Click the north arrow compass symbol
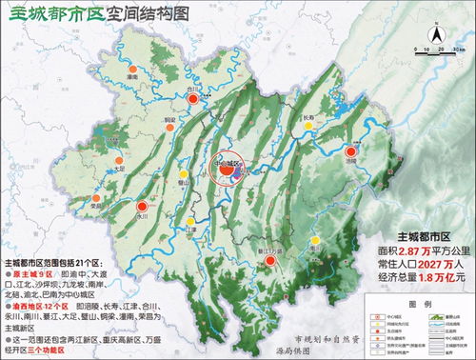pyautogui.click(x=435, y=35)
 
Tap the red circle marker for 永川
pyautogui.click(x=143, y=205)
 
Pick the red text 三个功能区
pyautogui.click(x=51, y=350)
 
